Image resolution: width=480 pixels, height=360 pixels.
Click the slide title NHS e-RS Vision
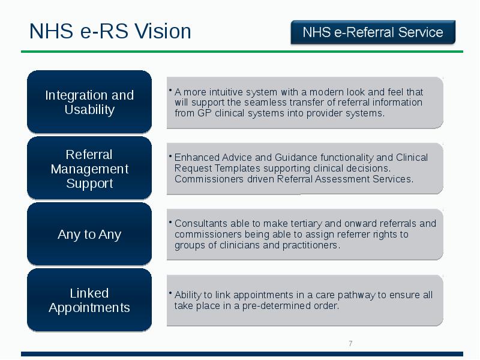click(x=110, y=32)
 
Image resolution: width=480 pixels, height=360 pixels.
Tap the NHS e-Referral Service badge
click(x=373, y=32)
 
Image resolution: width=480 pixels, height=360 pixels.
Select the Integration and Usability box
click(x=89, y=103)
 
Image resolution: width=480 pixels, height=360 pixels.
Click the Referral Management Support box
click(x=89, y=169)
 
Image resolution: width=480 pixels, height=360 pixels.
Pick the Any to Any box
click(x=89, y=235)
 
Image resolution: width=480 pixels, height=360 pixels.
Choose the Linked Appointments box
click(x=89, y=301)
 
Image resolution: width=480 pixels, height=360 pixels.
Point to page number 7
click(x=350, y=343)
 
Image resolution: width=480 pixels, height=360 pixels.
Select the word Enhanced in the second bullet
click(x=194, y=158)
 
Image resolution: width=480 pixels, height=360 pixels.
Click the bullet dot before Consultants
click(x=170, y=222)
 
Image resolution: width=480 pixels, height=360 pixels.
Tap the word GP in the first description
click(x=204, y=113)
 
